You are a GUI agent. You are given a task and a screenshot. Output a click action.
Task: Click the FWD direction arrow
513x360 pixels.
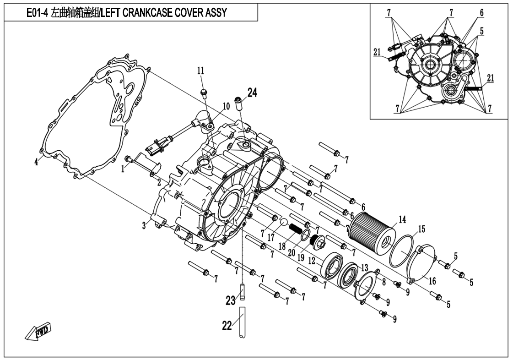39,332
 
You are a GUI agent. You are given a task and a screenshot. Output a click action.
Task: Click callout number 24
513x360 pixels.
252,93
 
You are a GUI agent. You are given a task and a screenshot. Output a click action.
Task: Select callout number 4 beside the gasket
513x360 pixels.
36,162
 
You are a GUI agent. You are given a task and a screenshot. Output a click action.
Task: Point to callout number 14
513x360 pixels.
402,220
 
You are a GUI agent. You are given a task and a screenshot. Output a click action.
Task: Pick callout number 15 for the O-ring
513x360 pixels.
421,228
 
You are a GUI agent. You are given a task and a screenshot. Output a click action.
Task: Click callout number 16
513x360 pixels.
432,281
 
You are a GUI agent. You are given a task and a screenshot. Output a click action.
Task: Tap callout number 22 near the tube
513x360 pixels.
227,325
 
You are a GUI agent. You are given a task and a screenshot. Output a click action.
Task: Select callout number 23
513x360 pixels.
230,300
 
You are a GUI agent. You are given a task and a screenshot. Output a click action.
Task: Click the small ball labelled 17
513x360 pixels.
284,223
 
